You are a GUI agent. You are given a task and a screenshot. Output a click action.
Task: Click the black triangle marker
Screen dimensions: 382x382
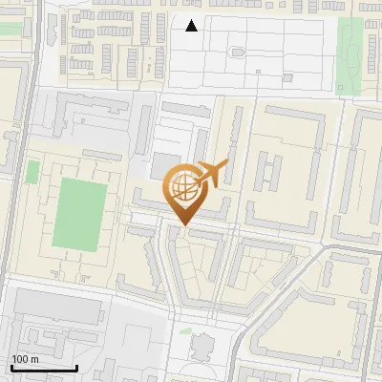point(192,26)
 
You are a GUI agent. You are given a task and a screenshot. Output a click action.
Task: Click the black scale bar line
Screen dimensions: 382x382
point(44,367)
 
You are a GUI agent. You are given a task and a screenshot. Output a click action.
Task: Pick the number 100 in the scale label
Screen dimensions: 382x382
point(21,358)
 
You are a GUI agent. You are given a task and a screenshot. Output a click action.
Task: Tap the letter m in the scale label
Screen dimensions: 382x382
point(35,358)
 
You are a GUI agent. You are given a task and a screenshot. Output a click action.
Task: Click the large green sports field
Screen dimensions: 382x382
point(78,214)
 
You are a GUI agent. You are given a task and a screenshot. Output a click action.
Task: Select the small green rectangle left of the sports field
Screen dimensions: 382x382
point(33,173)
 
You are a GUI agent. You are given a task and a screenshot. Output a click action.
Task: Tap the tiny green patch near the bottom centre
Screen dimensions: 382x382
point(185,332)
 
